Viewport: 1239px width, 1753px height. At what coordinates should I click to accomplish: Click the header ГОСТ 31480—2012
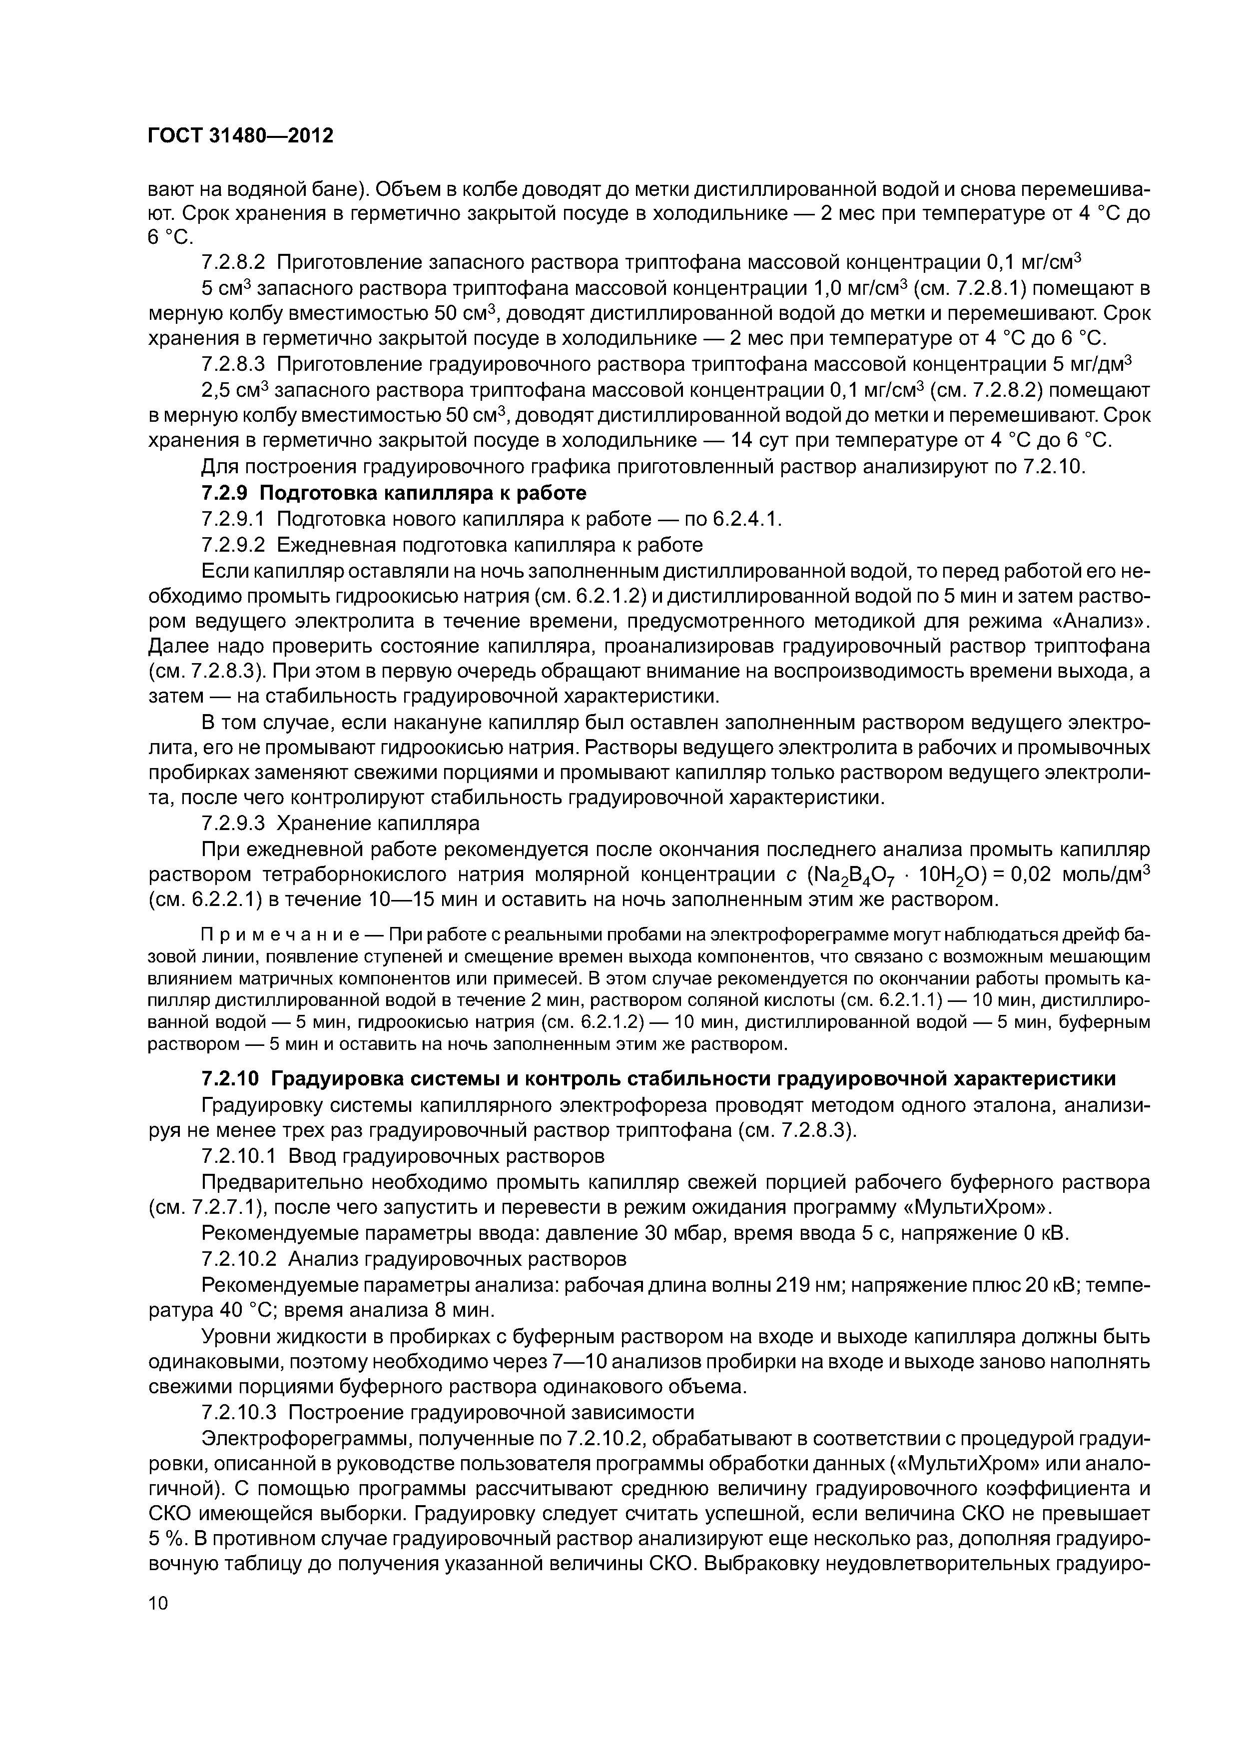pos(240,136)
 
